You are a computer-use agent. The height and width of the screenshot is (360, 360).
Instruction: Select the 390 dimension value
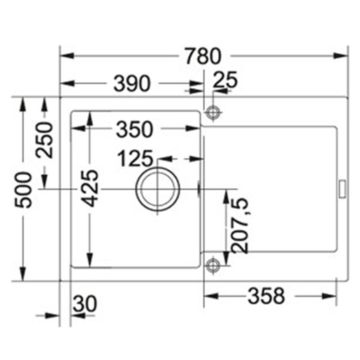point(131,84)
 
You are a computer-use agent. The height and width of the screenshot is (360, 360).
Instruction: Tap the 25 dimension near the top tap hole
point(224,80)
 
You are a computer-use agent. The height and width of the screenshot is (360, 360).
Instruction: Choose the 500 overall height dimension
point(24,189)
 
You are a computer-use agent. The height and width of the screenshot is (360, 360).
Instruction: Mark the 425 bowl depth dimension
point(89,189)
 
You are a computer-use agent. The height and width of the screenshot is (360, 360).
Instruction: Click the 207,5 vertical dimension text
point(238,225)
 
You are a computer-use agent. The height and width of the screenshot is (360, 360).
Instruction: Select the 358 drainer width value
point(266,296)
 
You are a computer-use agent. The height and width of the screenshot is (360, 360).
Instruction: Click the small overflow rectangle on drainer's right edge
point(343,188)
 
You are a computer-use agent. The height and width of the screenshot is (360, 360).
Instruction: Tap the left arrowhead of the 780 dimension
point(65,55)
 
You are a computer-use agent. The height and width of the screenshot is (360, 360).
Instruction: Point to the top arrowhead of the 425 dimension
point(89,113)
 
